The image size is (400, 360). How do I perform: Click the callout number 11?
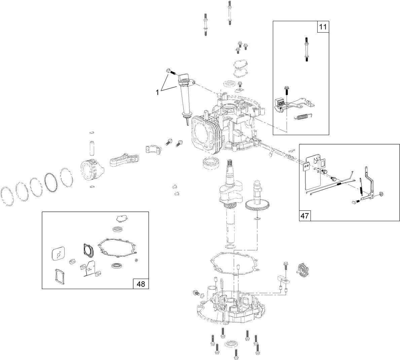(x=323, y=27)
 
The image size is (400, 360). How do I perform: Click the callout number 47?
(x=305, y=215)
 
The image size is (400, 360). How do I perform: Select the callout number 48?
(x=141, y=284)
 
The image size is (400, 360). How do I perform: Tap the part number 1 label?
(x=157, y=92)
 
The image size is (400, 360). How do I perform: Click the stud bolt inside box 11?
(x=306, y=49)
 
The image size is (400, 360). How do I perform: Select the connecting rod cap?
(x=152, y=149)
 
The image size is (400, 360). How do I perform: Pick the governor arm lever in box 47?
(x=370, y=183)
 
